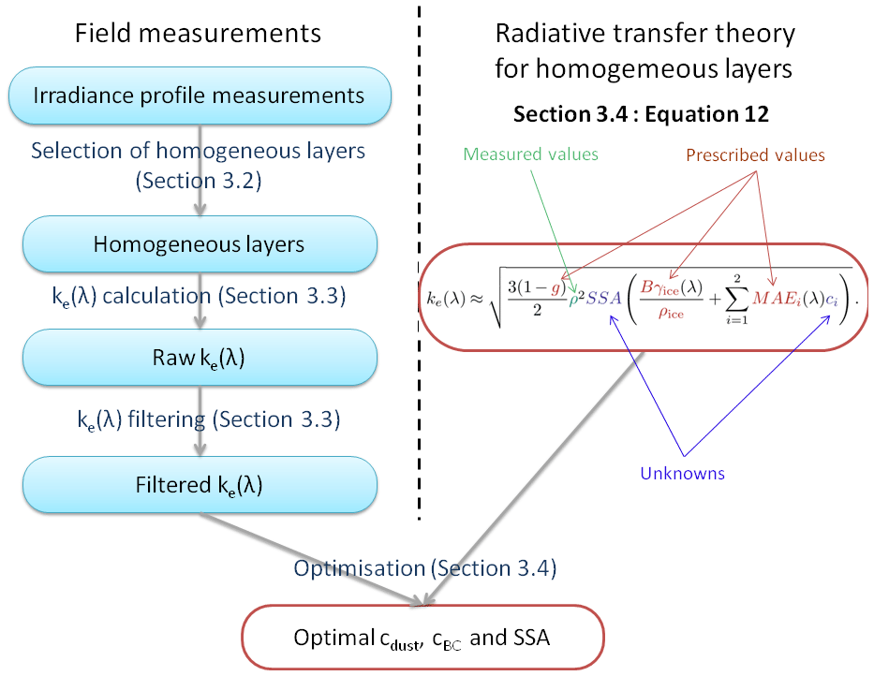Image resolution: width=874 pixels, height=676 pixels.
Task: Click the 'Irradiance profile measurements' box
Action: pos(199,96)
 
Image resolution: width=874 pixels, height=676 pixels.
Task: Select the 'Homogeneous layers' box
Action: pos(199,245)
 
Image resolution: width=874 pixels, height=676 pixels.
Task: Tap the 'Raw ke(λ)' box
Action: pos(199,358)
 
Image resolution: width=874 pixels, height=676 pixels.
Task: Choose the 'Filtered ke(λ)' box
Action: pos(199,485)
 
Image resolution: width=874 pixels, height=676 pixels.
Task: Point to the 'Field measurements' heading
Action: pos(198,34)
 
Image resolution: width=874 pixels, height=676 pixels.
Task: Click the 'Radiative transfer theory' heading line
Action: pos(645,35)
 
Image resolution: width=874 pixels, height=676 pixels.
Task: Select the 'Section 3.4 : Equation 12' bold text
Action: pos(641,114)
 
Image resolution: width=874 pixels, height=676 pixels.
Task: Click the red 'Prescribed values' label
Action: pos(756,154)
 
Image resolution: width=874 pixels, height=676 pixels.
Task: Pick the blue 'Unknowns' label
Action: pos(682,473)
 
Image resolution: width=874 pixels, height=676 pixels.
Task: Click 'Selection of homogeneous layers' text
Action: pos(198,150)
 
